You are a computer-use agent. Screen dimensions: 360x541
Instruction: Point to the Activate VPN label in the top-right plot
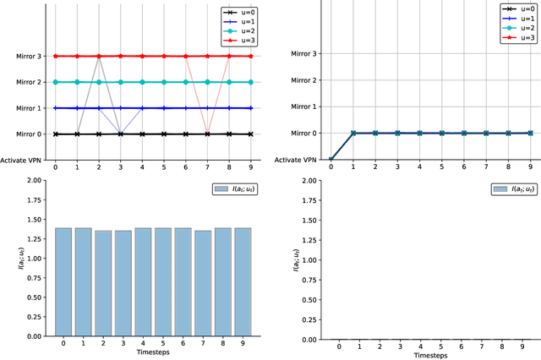[x=298, y=160]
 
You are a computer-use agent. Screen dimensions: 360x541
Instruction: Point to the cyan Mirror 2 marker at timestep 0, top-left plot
[x=56, y=82]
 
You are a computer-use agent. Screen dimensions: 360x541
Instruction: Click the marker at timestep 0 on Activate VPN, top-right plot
[x=331, y=160]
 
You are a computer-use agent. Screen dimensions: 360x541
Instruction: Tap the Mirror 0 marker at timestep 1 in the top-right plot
[x=352, y=133]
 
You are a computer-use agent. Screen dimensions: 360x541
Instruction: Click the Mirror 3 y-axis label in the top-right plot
[x=303, y=54]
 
